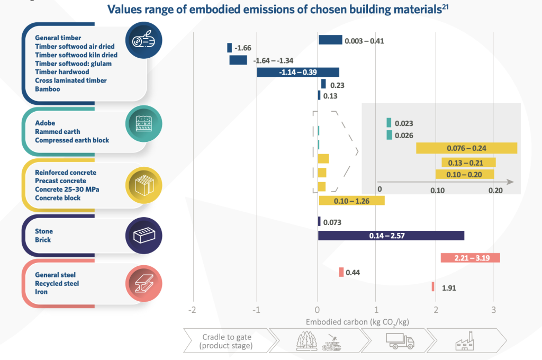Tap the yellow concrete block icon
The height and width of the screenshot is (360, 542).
[143, 185]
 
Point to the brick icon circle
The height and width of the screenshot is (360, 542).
[143, 235]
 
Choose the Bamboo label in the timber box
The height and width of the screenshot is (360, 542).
[48, 89]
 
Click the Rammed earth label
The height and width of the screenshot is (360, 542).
[58, 132]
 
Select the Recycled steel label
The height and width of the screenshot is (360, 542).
[57, 283]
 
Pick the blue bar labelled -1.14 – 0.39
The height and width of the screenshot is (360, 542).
[297, 72]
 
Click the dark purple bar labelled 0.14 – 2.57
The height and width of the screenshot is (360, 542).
[391, 236]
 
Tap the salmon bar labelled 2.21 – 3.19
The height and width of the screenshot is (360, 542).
[470, 258]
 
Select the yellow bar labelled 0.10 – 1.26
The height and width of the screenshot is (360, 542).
[351, 201]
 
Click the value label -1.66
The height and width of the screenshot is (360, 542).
[242, 48]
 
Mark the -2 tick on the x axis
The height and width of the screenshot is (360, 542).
[193, 310]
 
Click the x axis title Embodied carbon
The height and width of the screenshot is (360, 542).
[357, 322]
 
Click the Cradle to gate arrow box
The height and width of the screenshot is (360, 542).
[227, 341]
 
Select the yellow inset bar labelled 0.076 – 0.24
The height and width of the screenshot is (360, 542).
[466, 148]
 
